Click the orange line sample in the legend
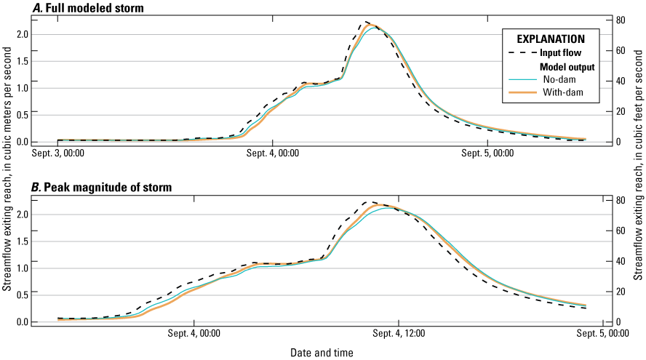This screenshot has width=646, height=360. pyautogui.click(x=522, y=92)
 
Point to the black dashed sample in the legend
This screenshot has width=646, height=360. pyautogui.click(x=522, y=52)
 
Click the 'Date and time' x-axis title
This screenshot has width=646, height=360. pyautogui.click(x=322, y=353)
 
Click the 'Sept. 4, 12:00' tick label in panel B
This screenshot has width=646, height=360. pyautogui.click(x=399, y=334)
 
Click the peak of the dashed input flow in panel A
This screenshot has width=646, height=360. pyautogui.click(x=367, y=22)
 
